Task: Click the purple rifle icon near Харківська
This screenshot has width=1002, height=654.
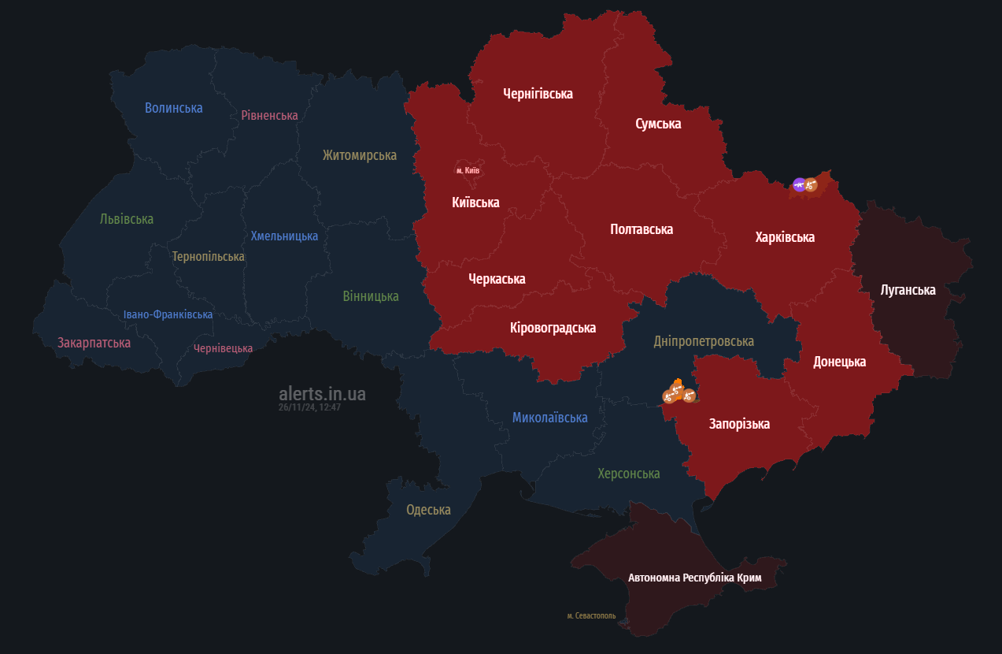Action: point(799,185)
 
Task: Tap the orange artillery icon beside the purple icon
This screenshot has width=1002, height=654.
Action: point(812,185)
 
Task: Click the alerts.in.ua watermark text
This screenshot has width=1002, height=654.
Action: point(322,394)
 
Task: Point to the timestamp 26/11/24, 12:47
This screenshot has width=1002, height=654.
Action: point(309,407)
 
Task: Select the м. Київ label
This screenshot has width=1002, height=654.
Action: point(467,170)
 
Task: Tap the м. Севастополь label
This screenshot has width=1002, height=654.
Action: point(591,615)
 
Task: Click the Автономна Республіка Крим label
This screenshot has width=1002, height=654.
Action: point(694,578)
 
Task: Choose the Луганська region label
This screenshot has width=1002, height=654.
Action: point(908,290)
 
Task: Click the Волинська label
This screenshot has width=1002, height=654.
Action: point(173,108)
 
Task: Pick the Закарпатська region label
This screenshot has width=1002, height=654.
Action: point(94,343)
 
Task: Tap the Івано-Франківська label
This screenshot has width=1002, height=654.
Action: point(168,314)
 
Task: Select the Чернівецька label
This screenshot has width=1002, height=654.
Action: point(223,348)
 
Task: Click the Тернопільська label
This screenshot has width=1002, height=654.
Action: point(208,257)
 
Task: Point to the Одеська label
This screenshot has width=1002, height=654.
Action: point(428,510)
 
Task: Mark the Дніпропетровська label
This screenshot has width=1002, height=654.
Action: point(703,341)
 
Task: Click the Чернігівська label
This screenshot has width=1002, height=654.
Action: point(538,94)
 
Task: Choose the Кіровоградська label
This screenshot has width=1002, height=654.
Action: point(553,328)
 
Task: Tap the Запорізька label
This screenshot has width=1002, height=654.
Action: point(739,424)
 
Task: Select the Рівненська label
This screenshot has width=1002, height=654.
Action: point(269,116)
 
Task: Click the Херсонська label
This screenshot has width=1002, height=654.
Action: point(628,474)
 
